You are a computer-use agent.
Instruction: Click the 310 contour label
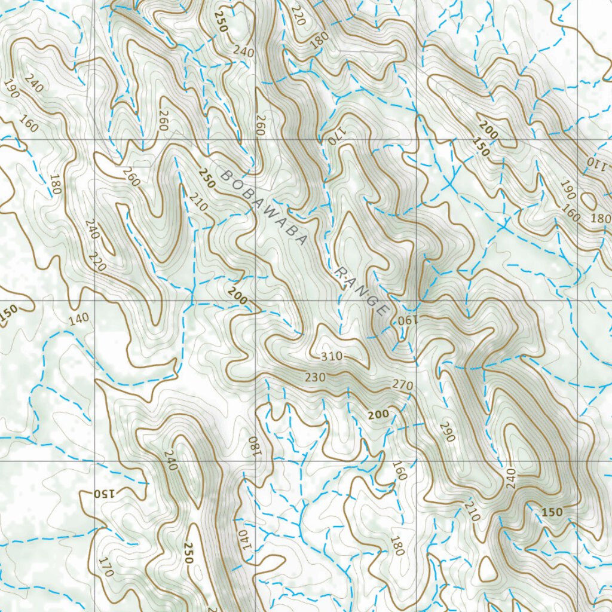pyautogui.click(x=331, y=357)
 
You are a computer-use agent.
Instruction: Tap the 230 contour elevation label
pyautogui.click(x=315, y=378)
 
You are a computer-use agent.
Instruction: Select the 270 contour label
pyautogui.click(x=403, y=385)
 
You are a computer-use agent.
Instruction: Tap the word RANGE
pyautogui.click(x=362, y=291)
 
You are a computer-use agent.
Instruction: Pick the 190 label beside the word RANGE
pyautogui.click(x=405, y=321)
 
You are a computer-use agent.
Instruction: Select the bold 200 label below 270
pyautogui.click(x=378, y=414)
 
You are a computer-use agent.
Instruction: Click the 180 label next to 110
pyautogui.click(x=600, y=218)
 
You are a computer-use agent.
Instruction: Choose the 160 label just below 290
pyautogui.click(x=399, y=470)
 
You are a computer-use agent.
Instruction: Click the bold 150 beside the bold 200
pyautogui.click(x=481, y=151)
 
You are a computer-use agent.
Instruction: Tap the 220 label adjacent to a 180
pyautogui.click(x=298, y=15)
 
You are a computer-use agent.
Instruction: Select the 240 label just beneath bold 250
pyautogui.click(x=243, y=53)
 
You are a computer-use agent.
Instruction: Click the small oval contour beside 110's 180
pyautogui.click(x=588, y=201)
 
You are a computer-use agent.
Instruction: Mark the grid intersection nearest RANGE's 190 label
pyautogui.click(x=416, y=301)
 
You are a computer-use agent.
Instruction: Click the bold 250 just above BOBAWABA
pyautogui.click(x=206, y=178)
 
